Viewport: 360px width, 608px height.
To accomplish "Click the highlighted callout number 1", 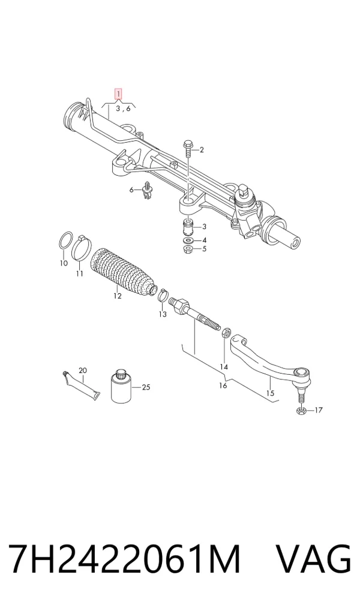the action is pos(118,94).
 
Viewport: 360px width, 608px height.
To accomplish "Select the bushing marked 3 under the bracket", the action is pos(188,227).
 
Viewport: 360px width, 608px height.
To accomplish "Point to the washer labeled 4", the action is pos(188,241).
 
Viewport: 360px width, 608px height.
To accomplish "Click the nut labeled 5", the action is pos(188,249).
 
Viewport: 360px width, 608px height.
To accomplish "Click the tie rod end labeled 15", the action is pos(272,363).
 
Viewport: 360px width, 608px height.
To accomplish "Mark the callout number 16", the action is pos(223,386).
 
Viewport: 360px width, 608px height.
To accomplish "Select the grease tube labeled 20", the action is pos(80,385).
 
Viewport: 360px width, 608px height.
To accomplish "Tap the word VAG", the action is pos(313,560).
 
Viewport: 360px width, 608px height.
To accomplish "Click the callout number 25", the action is pos(146,387).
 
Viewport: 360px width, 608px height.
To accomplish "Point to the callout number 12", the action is pos(118,296).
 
